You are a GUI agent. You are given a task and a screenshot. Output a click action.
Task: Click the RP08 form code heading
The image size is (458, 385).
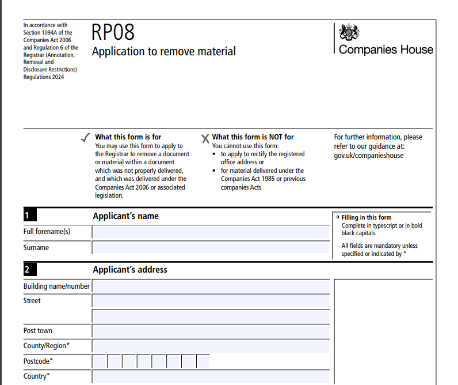click(x=113, y=32)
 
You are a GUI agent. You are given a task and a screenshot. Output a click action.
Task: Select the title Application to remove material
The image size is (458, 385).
click(x=164, y=51)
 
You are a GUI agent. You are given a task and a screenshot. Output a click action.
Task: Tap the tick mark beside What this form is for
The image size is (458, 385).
click(x=85, y=137)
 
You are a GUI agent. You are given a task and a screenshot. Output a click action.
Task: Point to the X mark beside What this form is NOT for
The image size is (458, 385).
click(x=205, y=138)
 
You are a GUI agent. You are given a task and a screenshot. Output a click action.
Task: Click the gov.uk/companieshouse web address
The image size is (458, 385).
click(x=368, y=156)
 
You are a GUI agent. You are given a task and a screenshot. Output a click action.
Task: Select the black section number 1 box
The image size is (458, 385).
click(x=30, y=216)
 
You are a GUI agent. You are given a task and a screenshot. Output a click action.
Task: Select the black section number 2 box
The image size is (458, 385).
click(x=30, y=269)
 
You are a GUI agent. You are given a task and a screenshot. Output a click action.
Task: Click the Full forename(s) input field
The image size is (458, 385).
click(x=211, y=232)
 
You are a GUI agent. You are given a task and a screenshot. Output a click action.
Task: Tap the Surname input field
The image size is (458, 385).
click(x=211, y=248)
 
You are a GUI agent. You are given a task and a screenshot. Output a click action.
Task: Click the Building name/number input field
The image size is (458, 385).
click(x=211, y=286)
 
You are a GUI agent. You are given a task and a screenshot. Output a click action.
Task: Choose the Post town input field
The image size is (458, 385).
click(x=211, y=331)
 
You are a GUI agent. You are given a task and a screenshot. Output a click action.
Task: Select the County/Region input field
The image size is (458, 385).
click(x=211, y=346)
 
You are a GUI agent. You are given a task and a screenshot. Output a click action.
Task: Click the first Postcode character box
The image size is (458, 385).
click(x=99, y=361)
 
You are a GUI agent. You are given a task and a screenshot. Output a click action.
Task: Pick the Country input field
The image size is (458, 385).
click(x=211, y=376)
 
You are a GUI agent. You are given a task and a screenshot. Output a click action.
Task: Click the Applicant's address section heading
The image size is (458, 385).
click(x=130, y=269)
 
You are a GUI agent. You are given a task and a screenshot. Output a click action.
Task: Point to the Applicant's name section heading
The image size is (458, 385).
click(x=125, y=216)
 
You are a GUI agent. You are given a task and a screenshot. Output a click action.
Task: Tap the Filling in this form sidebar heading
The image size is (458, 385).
click(x=367, y=217)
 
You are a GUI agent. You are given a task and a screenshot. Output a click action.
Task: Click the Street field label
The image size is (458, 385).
click(x=32, y=301)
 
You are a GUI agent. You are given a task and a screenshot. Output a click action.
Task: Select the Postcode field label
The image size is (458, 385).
click(x=38, y=361)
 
